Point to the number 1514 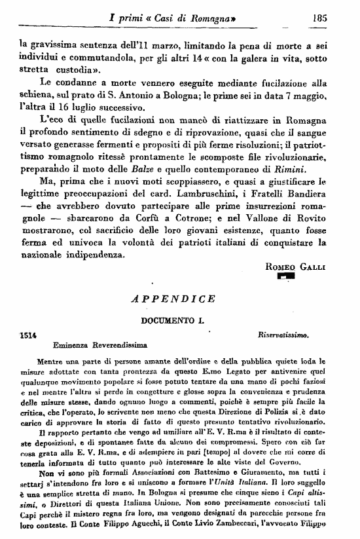(x=28, y=333)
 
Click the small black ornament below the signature (x=287, y=278)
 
